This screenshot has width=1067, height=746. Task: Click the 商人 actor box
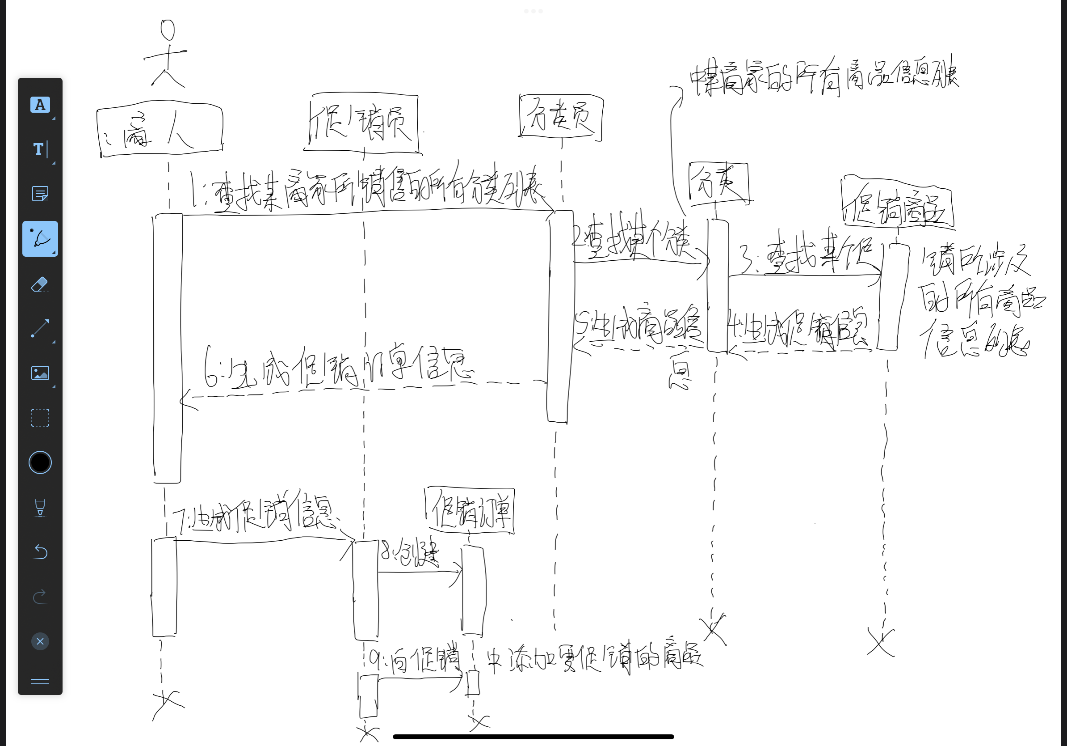[160, 131]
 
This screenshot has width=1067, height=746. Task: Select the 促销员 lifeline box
[364, 123]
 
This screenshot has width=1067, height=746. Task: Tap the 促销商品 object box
[898, 203]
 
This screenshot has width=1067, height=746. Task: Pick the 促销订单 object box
[470, 511]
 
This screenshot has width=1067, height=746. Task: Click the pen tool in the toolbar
[40, 238]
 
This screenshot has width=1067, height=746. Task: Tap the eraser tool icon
[40, 284]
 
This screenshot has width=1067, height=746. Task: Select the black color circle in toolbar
[40, 462]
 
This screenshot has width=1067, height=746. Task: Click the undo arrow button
[40, 551]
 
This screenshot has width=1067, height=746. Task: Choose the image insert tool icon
[40, 373]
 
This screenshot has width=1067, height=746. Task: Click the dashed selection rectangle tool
[40, 418]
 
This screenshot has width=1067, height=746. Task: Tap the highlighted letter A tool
[40, 105]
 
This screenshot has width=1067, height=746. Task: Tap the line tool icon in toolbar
[40, 328]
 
